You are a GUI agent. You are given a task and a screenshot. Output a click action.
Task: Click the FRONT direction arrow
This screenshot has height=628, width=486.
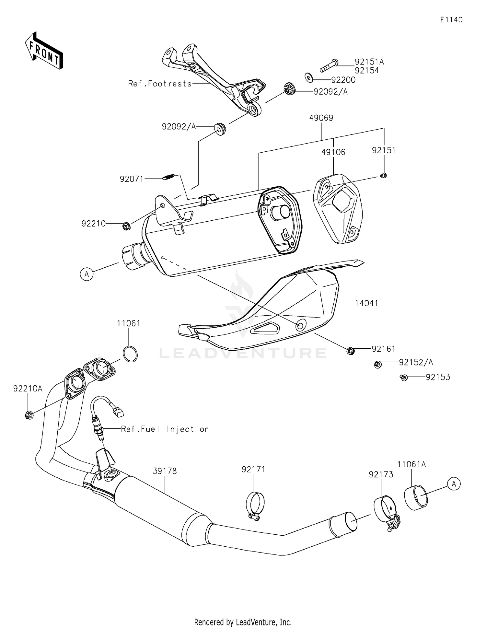pyautogui.click(x=44, y=51)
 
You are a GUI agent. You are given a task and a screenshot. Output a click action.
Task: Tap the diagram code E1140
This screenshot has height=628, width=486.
pyautogui.click(x=451, y=20)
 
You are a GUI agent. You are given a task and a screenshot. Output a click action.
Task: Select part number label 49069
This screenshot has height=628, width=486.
pyautogui.click(x=321, y=118)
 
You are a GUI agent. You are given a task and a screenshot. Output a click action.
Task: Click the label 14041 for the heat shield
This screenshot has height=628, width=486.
pyautogui.click(x=366, y=303)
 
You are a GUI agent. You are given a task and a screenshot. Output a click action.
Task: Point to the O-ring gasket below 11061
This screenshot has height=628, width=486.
pyautogui.click(x=130, y=354)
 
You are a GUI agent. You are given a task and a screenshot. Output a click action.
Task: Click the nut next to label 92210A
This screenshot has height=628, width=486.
pyautogui.click(x=29, y=414)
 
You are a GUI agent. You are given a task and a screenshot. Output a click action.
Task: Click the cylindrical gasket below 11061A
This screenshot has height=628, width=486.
pyautogui.click(x=416, y=498)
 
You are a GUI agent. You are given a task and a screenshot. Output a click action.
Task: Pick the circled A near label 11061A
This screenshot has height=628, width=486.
pyautogui.click(x=454, y=484)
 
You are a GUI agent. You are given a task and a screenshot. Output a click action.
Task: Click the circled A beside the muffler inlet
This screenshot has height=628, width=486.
pyautogui.click(x=87, y=274)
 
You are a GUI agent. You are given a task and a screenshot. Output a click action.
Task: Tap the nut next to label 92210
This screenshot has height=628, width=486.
pyautogui.click(x=126, y=226)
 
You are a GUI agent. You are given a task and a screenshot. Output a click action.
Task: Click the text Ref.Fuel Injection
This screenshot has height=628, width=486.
pyautogui.click(x=165, y=429)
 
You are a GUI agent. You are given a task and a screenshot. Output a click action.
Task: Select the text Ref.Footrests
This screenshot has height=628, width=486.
pyautogui.click(x=160, y=84)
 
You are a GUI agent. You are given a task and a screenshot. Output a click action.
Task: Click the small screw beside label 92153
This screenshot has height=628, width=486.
pyautogui.click(x=403, y=378)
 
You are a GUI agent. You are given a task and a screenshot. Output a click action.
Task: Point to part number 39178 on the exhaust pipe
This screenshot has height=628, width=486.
pyautogui.click(x=165, y=471)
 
